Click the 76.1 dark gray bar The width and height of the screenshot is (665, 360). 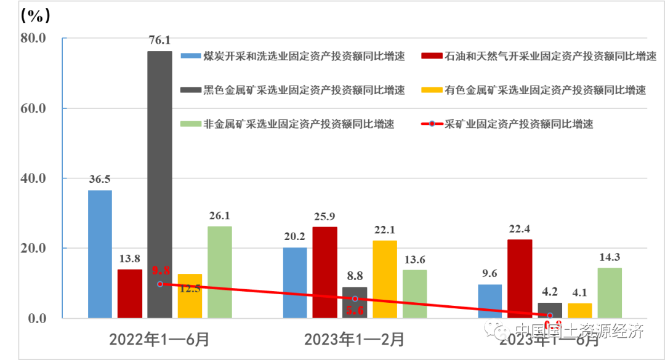click(x=159, y=185)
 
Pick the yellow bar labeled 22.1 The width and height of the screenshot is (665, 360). click(x=384, y=279)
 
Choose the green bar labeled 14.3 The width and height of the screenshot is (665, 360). click(x=609, y=293)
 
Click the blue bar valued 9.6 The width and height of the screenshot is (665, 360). click(x=490, y=302)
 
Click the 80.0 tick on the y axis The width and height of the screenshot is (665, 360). click(x=33, y=38)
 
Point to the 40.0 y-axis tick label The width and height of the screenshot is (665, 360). click(x=33, y=178)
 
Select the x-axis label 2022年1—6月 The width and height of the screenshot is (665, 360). click(x=159, y=338)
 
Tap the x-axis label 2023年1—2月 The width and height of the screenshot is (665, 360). click(x=354, y=338)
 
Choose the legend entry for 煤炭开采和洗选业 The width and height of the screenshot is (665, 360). click(x=292, y=57)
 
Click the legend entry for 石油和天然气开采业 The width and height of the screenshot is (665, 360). click(x=539, y=57)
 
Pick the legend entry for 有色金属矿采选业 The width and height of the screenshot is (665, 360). click(x=533, y=90)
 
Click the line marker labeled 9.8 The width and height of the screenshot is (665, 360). click(x=160, y=284)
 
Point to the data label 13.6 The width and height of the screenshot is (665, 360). click(x=414, y=260)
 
